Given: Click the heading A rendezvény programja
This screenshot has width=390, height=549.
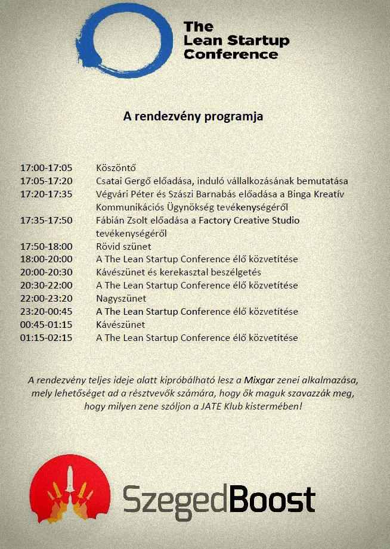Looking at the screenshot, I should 193,116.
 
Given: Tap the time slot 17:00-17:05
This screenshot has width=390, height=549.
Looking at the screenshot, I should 46,168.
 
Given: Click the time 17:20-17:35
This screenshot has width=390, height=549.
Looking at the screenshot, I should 46,194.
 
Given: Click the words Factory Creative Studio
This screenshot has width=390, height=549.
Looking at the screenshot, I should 249,220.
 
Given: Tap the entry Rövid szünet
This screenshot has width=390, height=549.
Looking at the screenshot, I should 123,246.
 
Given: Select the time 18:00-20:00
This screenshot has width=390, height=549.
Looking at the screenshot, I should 46,259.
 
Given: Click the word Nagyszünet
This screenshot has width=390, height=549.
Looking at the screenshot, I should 121,298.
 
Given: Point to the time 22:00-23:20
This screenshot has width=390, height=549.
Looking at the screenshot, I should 46,298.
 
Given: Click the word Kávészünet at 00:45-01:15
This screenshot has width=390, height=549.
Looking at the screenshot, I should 120,324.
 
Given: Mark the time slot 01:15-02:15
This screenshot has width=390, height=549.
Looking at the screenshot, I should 46,337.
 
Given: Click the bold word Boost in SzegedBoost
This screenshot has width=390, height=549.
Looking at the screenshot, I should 272,500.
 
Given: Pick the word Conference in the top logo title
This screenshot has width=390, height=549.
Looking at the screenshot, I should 231,54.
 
